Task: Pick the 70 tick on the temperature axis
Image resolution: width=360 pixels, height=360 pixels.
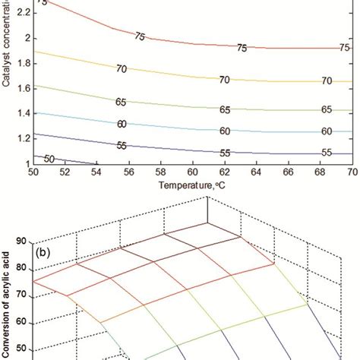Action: click(352, 172)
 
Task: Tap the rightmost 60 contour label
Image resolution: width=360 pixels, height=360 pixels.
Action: click(327, 131)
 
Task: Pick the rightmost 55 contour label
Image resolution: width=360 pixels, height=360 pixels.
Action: click(327, 152)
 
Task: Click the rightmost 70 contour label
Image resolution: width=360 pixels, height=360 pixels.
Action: click(327, 81)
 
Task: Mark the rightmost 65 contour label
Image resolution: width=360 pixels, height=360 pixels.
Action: click(327, 110)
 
